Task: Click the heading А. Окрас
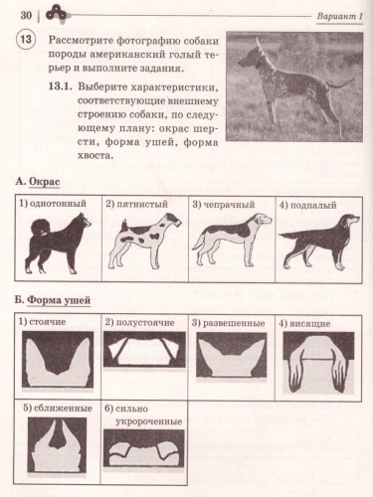pos(49,183)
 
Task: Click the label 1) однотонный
pos(56,204)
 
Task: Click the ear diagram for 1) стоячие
pos(58,360)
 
